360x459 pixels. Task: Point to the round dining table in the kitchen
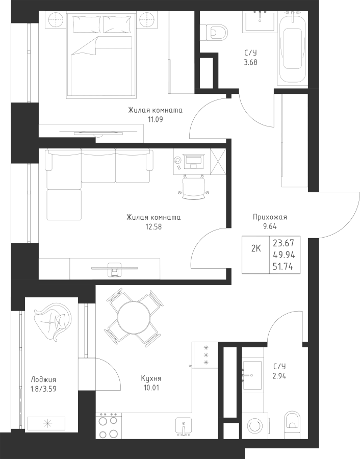pos(134,317)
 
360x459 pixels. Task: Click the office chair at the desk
pos(193,187)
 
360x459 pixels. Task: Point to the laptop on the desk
pos(193,161)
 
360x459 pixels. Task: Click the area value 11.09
pos(155,119)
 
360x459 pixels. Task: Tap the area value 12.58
pos(153,227)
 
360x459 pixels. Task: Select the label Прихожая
pos(270,217)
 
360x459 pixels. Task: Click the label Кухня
pos(151,378)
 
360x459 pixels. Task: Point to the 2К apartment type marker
pos(256,249)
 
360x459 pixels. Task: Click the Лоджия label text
pos(43,380)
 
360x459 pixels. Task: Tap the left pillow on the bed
pos(87,24)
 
